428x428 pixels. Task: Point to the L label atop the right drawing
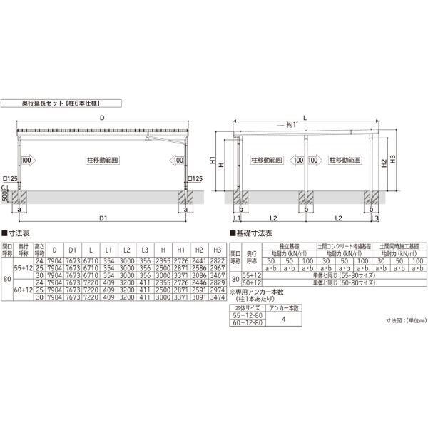coord(305,117)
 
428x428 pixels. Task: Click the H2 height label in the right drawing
coord(384,163)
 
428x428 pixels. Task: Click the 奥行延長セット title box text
coord(68,103)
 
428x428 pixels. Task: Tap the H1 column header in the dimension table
coord(181,250)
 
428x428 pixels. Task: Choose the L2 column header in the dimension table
coord(126,250)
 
